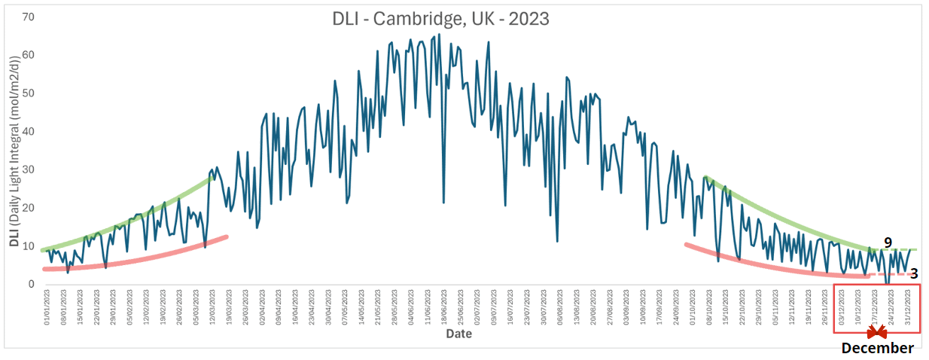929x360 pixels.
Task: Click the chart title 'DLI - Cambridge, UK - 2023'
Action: (440, 18)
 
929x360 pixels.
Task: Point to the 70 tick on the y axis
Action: (29, 16)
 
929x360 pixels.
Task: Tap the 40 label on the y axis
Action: (29, 131)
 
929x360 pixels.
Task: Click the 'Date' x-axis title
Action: (458, 333)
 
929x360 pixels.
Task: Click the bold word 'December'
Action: (877, 348)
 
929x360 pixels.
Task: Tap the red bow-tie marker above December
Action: (876, 331)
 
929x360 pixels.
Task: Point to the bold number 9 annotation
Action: (888, 243)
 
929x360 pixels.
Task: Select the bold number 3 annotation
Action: (913, 274)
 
